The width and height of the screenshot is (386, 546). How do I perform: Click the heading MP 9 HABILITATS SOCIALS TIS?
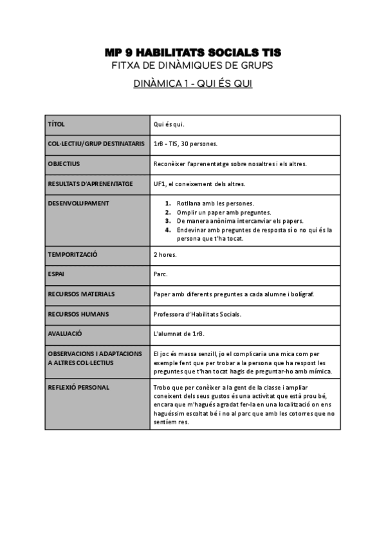click(192, 52)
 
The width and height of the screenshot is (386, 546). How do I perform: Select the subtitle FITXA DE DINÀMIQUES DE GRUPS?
click(192, 65)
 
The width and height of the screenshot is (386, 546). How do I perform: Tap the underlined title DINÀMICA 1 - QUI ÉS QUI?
click(192, 84)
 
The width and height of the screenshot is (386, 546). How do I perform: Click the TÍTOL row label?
click(57, 124)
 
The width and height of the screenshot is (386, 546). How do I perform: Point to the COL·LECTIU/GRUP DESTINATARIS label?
click(96, 144)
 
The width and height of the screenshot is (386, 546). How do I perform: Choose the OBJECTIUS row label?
click(64, 164)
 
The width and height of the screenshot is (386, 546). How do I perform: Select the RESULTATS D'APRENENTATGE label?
click(90, 184)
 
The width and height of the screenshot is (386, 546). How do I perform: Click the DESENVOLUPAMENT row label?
click(78, 203)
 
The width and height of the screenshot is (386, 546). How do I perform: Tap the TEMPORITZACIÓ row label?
click(72, 254)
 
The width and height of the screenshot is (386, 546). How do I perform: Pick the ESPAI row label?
click(57, 274)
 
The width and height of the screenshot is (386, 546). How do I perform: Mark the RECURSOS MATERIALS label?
click(81, 294)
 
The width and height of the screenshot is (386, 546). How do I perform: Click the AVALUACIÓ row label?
click(65, 334)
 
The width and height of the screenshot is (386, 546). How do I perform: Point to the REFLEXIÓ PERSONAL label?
click(78, 388)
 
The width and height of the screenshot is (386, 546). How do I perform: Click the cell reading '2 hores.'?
click(165, 254)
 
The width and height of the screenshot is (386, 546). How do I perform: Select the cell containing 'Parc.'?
click(160, 274)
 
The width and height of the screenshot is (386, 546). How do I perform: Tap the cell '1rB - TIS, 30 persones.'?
click(185, 144)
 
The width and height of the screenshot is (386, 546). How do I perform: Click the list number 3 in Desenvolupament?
click(167, 221)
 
